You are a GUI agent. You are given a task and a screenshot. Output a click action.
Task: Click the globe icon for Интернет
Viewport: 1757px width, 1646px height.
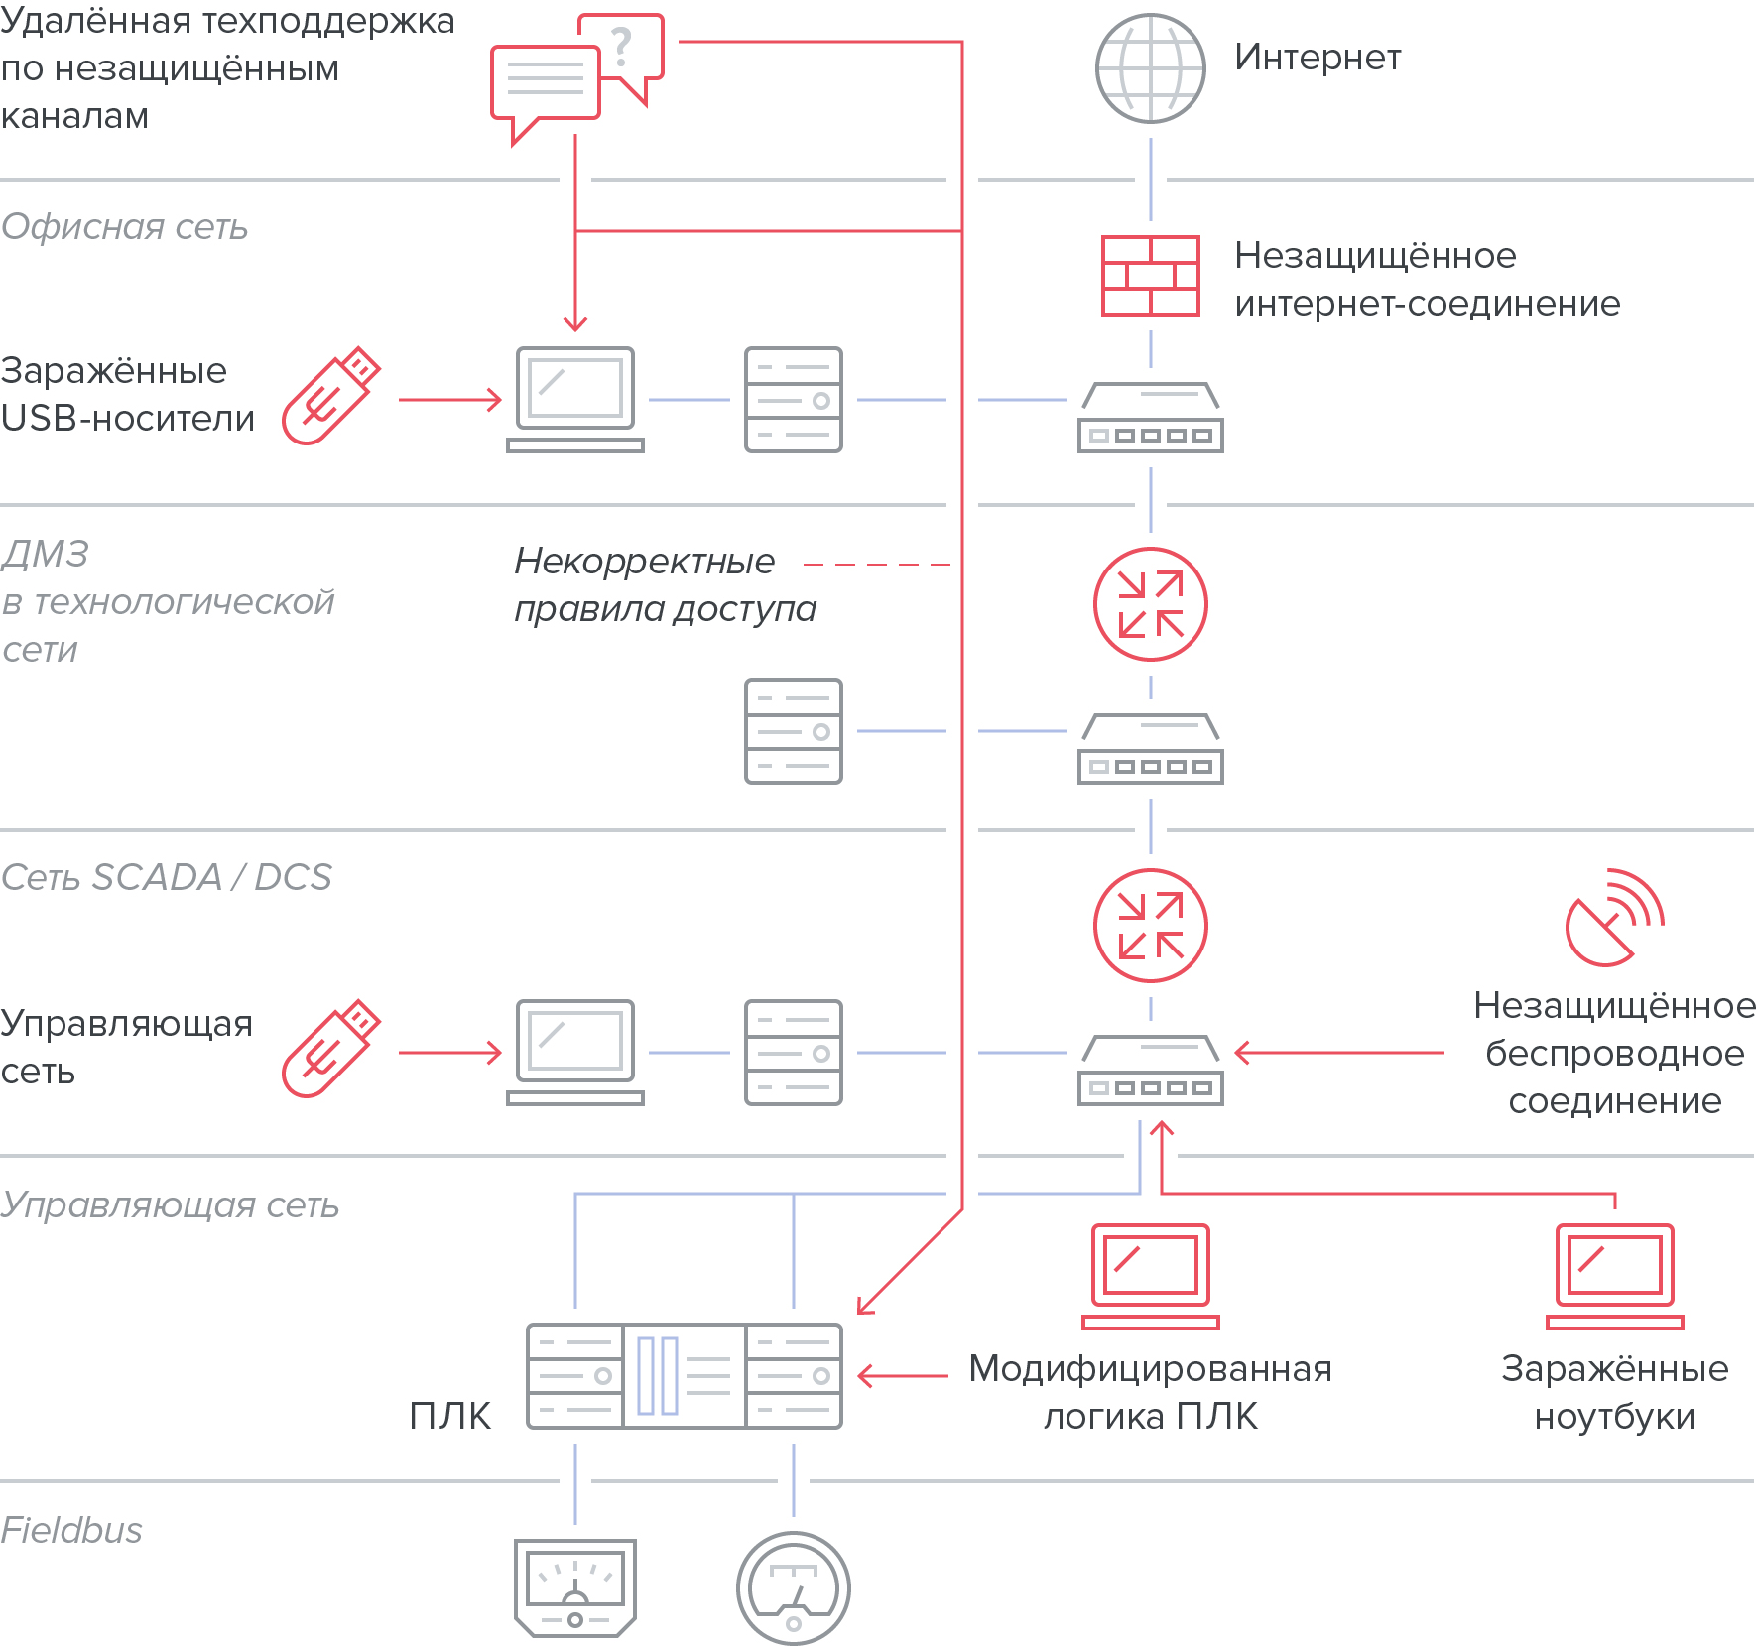(x=1150, y=68)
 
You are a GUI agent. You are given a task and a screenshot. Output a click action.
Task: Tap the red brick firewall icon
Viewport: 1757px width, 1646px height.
(x=1150, y=276)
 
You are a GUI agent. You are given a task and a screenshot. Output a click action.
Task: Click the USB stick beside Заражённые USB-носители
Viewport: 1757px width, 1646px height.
(x=330, y=396)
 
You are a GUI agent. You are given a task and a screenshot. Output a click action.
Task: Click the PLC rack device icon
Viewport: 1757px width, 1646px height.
(x=684, y=1375)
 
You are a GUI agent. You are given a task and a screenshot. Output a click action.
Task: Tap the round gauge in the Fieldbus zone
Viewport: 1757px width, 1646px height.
(x=793, y=1587)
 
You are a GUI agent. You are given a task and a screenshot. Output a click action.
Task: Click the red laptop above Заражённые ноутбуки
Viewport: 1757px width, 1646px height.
(x=1614, y=1276)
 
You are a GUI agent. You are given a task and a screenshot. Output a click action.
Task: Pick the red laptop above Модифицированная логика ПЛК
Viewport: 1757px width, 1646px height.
(x=1150, y=1276)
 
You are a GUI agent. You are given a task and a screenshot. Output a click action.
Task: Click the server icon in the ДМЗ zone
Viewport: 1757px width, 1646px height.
(x=793, y=731)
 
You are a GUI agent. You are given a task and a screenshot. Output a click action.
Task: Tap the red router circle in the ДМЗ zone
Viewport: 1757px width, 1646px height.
(x=1150, y=604)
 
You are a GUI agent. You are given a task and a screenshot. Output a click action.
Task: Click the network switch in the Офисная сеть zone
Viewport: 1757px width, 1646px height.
(x=1150, y=418)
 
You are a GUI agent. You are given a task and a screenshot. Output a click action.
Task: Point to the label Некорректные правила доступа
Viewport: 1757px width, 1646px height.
(x=664, y=584)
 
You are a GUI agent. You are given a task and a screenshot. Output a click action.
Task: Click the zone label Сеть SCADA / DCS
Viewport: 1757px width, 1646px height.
(x=167, y=877)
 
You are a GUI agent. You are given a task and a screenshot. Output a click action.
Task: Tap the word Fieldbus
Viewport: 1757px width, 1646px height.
(x=71, y=1530)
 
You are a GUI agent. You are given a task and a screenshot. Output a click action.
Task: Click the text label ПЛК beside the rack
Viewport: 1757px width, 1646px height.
(x=449, y=1416)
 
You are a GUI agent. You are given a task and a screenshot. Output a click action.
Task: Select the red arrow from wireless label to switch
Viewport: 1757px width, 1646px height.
(x=1339, y=1053)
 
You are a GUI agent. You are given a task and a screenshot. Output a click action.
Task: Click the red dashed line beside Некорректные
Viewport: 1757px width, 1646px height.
(x=876, y=564)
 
